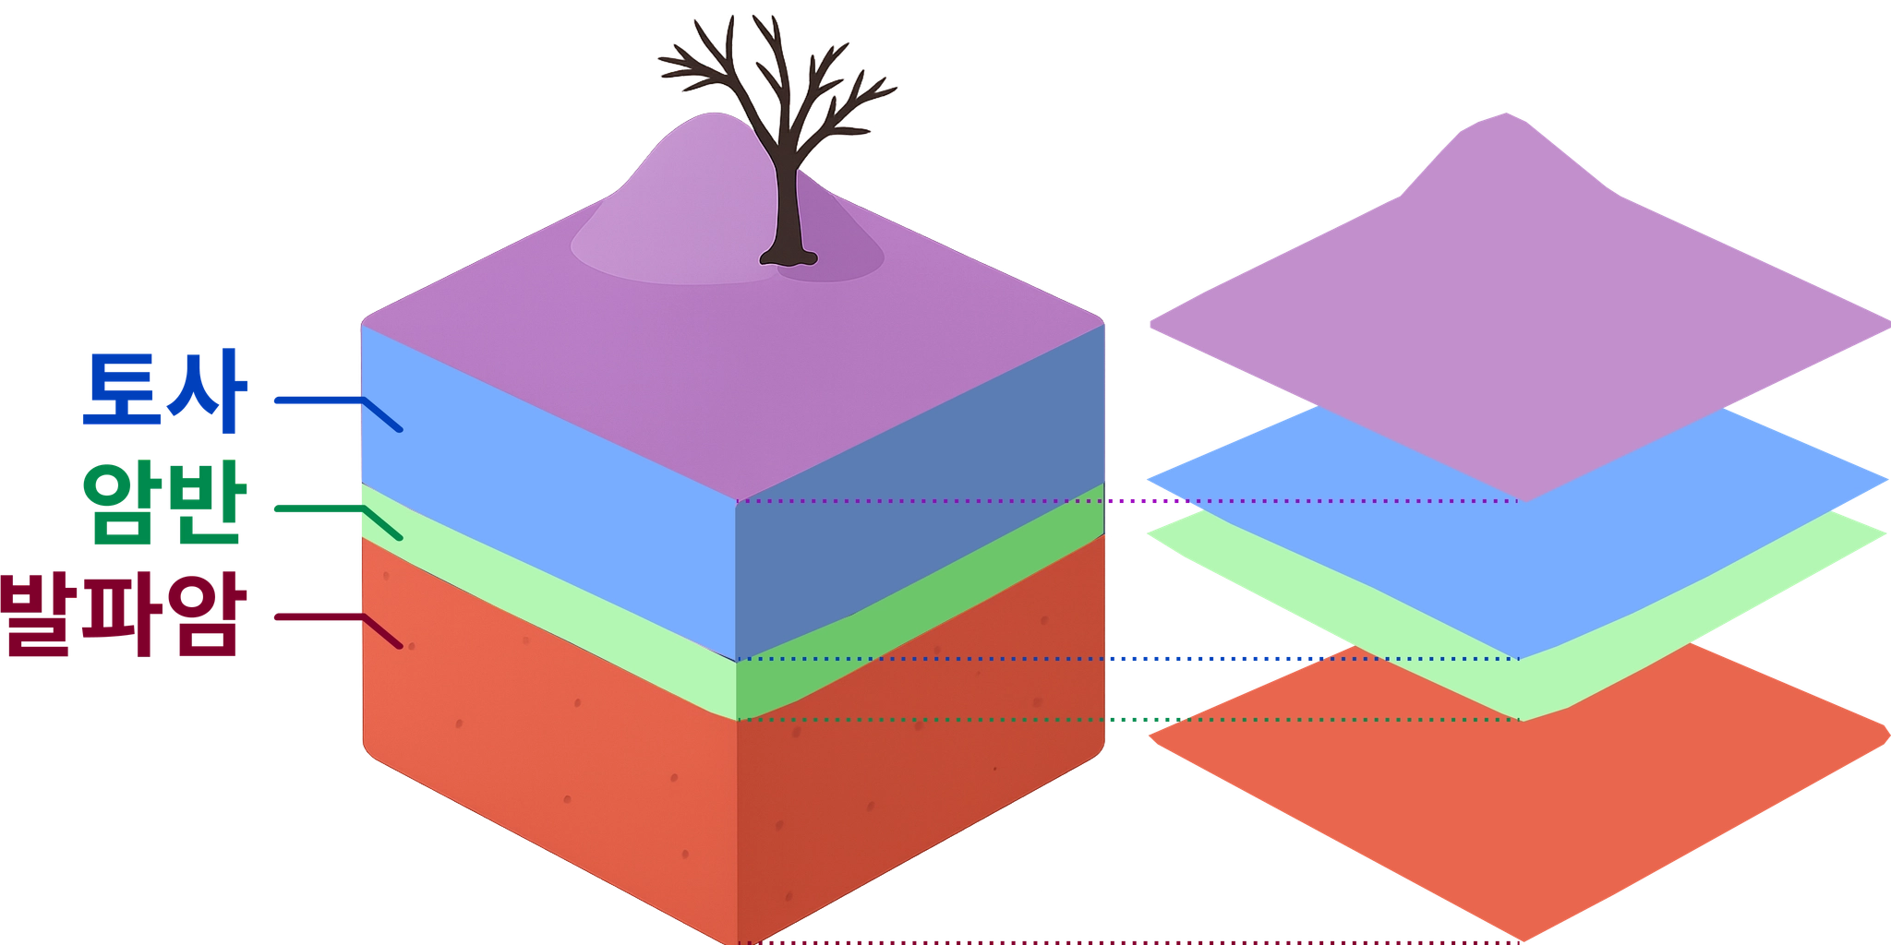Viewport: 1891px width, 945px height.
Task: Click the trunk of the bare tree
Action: (788, 203)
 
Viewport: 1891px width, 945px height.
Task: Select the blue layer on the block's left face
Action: (545, 489)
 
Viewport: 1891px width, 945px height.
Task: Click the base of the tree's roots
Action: (789, 258)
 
